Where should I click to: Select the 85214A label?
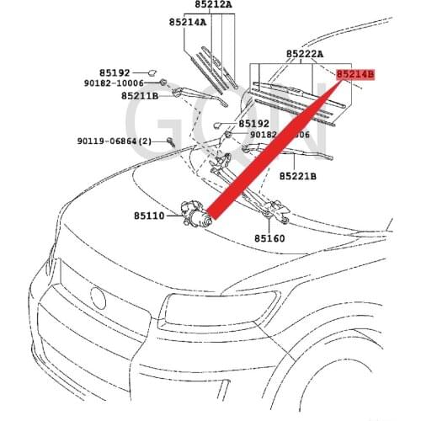(187, 23)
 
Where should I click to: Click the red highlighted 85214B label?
(354, 75)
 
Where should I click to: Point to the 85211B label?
(141, 96)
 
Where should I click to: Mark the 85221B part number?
(298, 177)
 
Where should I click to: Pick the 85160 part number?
(270, 238)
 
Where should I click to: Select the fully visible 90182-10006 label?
(114, 83)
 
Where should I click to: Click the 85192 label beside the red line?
(253, 123)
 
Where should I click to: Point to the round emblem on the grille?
(98, 297)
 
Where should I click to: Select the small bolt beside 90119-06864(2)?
(171, 141)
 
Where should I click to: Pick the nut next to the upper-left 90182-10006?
(163, 84)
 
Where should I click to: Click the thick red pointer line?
(278, 143)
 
